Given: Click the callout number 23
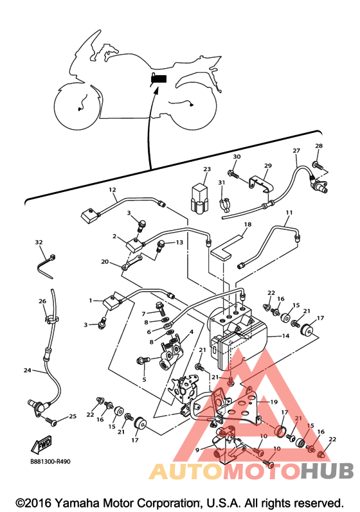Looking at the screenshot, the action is tap(207, 169).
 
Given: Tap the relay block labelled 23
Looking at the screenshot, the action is tap(199, 199).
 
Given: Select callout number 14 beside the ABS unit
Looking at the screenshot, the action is tap(285, 336).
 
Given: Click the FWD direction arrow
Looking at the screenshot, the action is tap(41, 444).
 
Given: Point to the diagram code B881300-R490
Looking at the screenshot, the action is tap(50, 462).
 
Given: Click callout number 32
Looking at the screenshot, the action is tap(39, 242).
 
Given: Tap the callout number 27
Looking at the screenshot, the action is tap(296, 150).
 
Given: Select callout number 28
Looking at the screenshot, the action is tap(319, 146).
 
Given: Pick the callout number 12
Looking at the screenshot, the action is tap(113, 190).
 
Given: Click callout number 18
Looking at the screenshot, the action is tap(248, 224).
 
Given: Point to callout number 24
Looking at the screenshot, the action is tap(28, 370).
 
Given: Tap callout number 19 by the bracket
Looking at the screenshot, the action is tap(274, 402).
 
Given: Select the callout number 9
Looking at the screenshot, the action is tap(197, 450).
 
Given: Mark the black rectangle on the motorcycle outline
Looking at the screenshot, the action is tap(159, 79).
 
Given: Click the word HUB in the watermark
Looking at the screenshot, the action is tap(327, 470).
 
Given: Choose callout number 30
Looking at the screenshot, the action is tap(237, 156).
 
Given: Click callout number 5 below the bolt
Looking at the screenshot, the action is tap(144, 380).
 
